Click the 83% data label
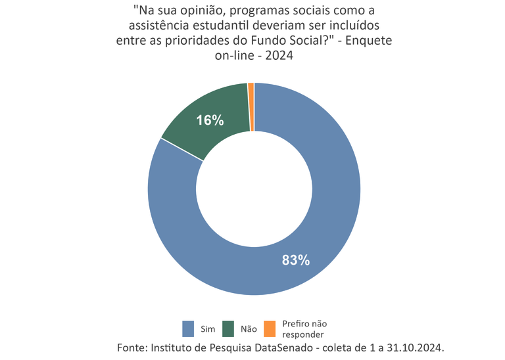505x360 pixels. point(295,259)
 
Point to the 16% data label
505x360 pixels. point(210,120)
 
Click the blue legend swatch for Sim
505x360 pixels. point(189,327)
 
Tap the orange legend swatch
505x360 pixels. point(269,327)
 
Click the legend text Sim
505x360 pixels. point(208,328)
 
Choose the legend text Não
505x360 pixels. point(249,328)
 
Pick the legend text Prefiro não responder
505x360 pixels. point(304,328)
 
